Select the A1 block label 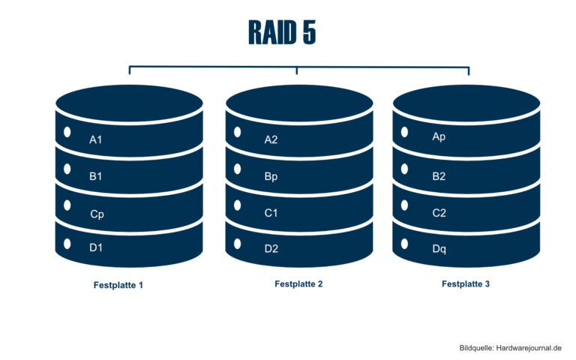tap(96, 139)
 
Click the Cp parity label tap(97, 214)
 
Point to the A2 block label tap(271, 139)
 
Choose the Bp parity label tap(271, 177)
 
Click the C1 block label tap(271, 213)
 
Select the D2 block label tap(271, 249)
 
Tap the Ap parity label tap(439, 137)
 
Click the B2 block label tap(439, 176)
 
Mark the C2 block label tap(439, 213)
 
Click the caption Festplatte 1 tap(118, 286)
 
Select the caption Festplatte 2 tap(298, 284)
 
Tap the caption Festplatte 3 tap(465, 284)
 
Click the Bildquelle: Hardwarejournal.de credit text tap(510, 349)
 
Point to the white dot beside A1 tap(67, 132)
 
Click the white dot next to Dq tap(405, 244)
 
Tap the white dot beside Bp tap(237, 169)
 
